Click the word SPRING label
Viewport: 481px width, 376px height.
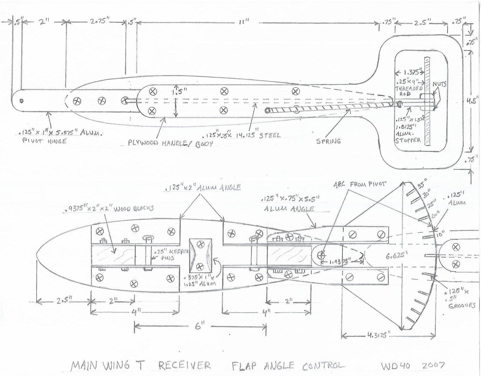tap(329, 141)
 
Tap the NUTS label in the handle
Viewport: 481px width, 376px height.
tap(439, 84)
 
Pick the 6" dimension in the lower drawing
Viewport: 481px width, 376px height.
tap(198, 326)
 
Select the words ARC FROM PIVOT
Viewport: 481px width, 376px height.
tap(360, 184)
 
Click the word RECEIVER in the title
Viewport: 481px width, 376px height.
tap(185, 366)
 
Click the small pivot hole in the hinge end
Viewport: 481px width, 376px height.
tap(21, 101)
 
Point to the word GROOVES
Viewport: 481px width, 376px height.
tap(462, 306)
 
